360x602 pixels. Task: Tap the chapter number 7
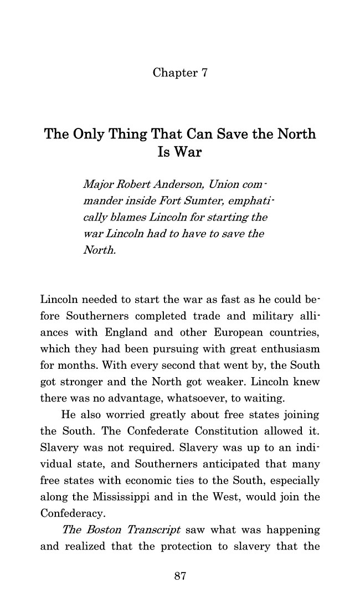pos(203,73)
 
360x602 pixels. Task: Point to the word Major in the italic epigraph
pos(95,183)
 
